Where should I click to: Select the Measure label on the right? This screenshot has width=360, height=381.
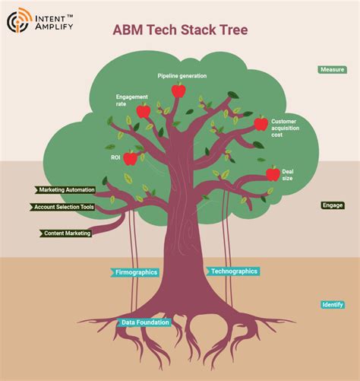332,69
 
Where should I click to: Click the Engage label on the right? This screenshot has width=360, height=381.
333,205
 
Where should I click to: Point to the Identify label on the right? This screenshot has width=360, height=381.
333,305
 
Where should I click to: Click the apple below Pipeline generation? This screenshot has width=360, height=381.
178,91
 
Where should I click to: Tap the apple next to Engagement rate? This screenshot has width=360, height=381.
143,112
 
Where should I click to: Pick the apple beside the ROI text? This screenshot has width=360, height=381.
131,158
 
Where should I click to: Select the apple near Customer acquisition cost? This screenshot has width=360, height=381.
261,123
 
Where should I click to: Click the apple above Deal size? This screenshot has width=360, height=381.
273,173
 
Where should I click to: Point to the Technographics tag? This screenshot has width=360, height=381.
233,271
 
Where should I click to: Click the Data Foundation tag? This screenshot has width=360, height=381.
144,322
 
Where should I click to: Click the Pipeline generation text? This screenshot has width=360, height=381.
182,76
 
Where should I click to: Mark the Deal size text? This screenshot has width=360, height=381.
288,176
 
